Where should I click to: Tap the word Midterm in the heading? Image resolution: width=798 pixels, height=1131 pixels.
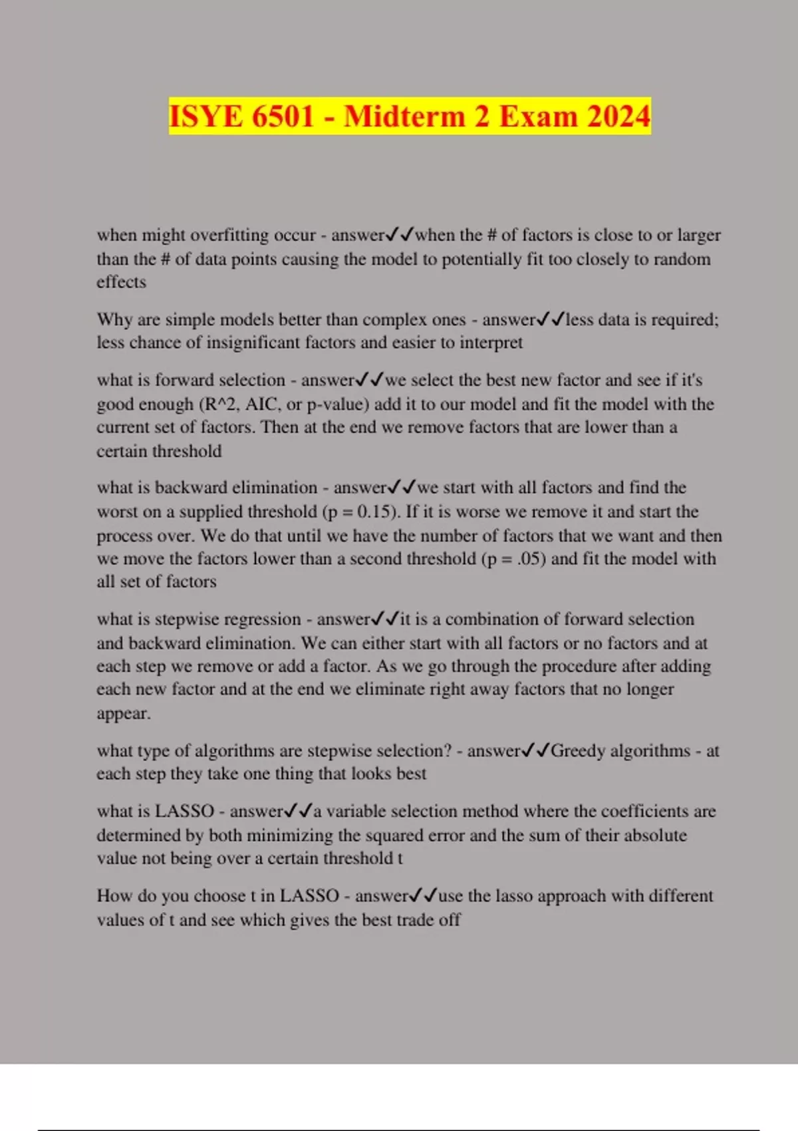coord(404,116)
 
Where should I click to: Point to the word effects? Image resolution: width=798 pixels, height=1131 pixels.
coord(121,282)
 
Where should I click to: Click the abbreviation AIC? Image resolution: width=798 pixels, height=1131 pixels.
coord(263,404)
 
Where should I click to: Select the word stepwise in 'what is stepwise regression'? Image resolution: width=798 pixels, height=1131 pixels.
coord(187,619)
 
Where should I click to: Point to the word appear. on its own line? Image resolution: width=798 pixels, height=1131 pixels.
coord(124,714)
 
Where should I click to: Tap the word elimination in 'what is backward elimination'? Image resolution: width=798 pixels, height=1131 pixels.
coord(274,488)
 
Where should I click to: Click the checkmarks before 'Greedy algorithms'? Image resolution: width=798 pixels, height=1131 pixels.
coord(535,750)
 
